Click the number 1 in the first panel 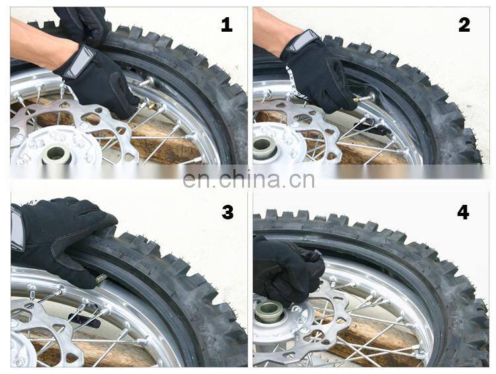pyautogui.click(x=227, y=25)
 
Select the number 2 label pyautogui.click(x=464, y=25)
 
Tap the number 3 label pyautogui.click(x=227, y=212)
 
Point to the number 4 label pyautogui.click(x=463, y=212)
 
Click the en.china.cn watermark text pyautogui.click(x=249, y=179)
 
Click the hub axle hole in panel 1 pyautogui.click(x=56, y=155)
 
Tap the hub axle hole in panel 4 pyautogui.click(x=269, y=309)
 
